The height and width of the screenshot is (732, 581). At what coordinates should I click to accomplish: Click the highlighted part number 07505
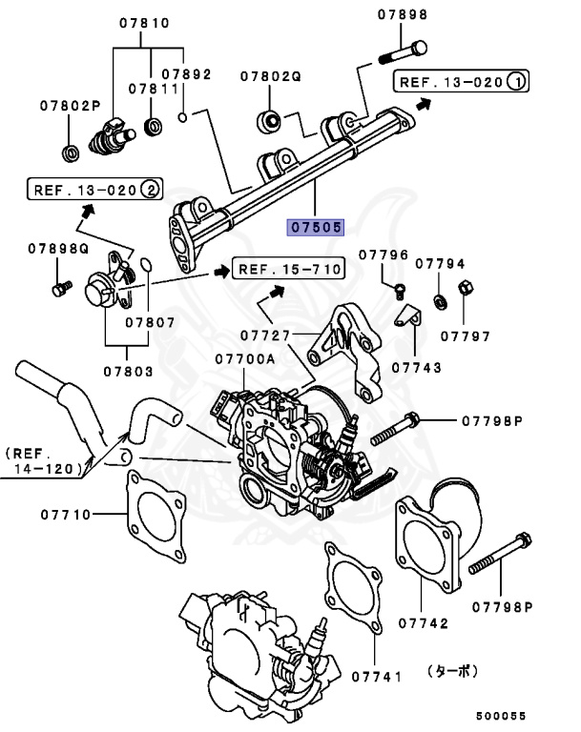(x=316, y=228)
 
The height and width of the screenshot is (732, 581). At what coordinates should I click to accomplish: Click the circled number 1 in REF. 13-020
(x=514, y=82)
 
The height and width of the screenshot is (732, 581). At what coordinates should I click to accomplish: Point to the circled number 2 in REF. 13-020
(x=150, y=189)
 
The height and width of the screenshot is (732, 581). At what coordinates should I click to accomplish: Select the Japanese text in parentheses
(x=453, y=671)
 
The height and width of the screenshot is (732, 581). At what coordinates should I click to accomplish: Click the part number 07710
(x=66, y=515)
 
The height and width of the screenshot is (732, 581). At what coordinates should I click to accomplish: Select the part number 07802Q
(x=270, y=75)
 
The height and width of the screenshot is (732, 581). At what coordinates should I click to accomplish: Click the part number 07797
(x=465, y=335)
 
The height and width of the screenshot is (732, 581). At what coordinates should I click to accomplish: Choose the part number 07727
(x=265, y=335)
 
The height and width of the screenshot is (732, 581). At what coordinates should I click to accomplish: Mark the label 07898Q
(x=58, y=248)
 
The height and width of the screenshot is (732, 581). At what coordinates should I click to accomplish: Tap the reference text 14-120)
(x=42, y=469)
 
